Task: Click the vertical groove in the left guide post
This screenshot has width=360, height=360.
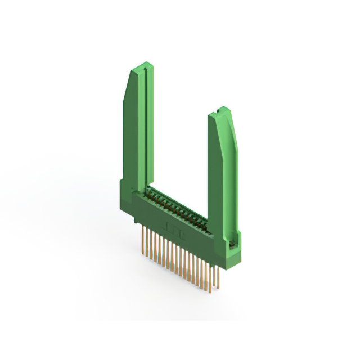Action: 145,129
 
